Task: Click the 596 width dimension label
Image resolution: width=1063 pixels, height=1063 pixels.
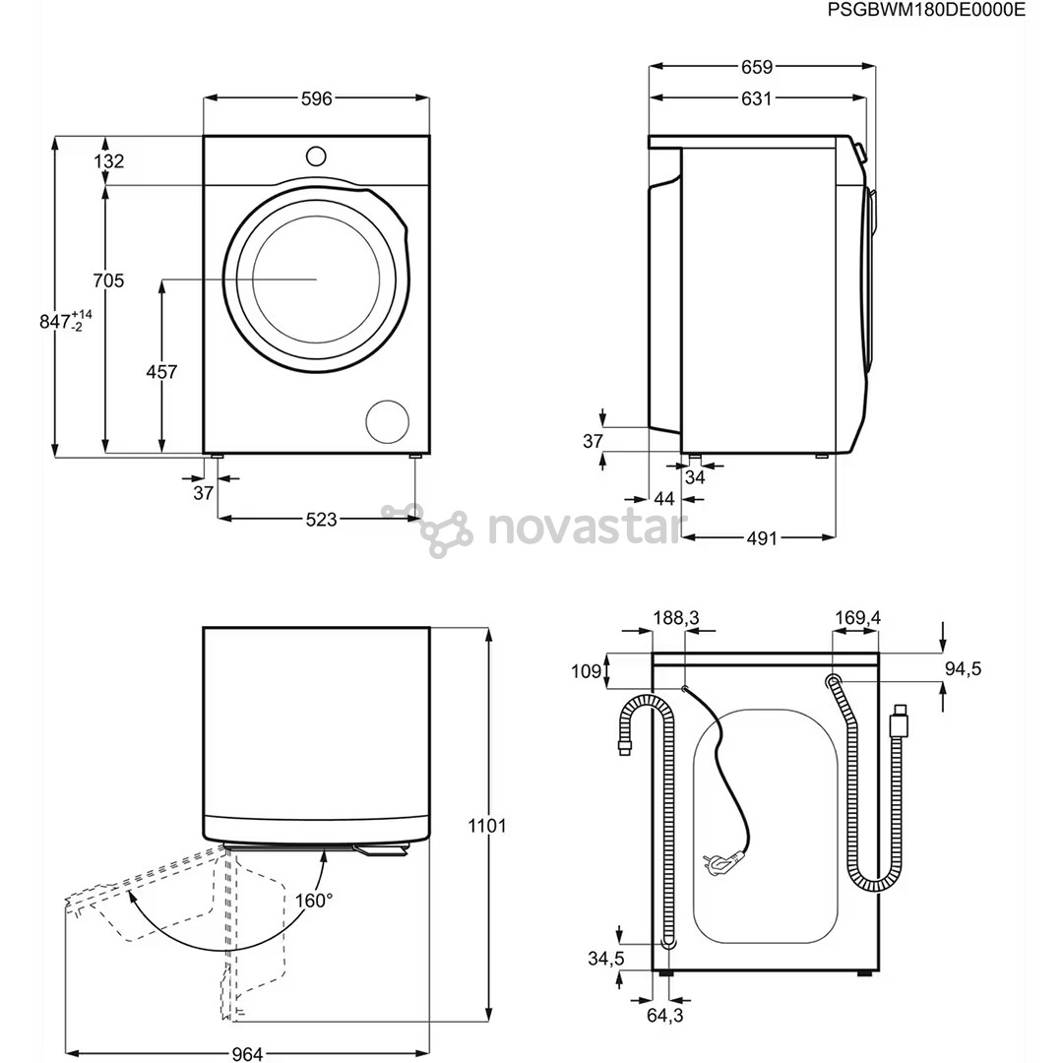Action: tap(317, 97)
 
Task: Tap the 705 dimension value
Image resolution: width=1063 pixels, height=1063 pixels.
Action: tap(108, 281)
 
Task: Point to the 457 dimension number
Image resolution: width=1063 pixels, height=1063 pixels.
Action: tap(161, 372)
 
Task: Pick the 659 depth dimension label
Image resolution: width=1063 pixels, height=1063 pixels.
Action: tap(757, 67)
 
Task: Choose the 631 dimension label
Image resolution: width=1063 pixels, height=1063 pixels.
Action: tap(757, 97)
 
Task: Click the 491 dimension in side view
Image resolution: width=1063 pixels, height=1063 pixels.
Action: tap(761, 538)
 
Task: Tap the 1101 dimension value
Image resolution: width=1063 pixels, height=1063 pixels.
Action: tap(485, 825)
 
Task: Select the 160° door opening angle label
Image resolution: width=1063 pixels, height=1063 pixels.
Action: tap(314, 900)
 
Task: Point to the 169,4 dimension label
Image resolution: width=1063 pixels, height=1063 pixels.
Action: tap(857, 617)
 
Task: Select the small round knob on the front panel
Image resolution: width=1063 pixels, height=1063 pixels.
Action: tap(316, 156)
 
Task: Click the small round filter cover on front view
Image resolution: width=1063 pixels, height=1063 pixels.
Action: tap(387, 421)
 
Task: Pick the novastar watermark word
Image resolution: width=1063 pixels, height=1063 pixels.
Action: tap(585, 528)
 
